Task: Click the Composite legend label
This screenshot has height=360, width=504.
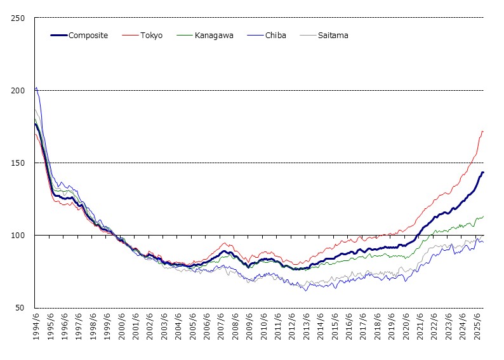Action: point(88,36)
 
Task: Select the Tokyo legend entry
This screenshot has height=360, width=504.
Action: point(151,36)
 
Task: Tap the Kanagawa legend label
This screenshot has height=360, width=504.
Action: point(213,36)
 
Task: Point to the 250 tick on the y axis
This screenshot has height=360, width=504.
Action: point(18,18)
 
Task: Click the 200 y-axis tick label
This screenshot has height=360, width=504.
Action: point(18,90)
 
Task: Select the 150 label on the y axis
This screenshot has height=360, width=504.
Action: point(18,163)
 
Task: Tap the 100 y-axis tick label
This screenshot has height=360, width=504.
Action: point(18,235)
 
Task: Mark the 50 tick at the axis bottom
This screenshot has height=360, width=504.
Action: point(20,307)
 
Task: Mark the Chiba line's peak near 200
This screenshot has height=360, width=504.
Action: point(36,88)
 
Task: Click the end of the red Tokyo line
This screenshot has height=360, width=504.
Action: point(484,131)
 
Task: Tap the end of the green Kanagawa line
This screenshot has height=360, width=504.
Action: point(484,217)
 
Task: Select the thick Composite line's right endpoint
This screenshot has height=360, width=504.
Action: point(484,172)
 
